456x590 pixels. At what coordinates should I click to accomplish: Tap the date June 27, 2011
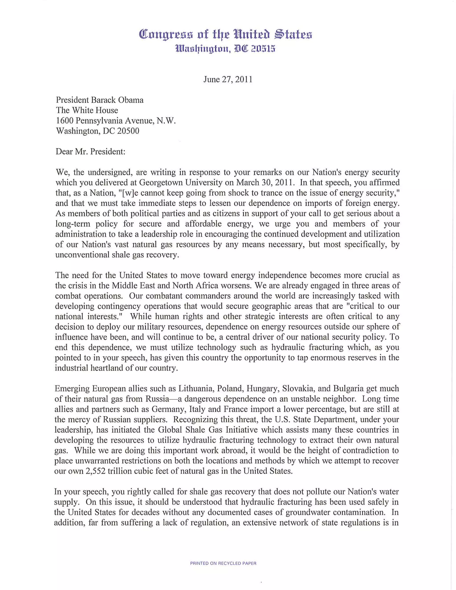coord(228,79)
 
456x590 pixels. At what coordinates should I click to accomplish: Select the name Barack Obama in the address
coord(117,100)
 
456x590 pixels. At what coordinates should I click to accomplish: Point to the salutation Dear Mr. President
coord(90,152)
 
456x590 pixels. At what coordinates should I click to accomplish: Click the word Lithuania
coord(195,389)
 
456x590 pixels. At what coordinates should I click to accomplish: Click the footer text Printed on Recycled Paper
coord(223,564)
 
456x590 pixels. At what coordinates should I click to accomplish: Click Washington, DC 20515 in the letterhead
coord(225,49)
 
